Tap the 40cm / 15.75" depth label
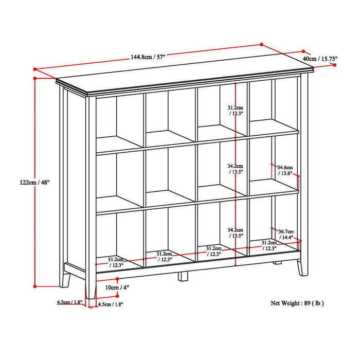click(x=335, y=59)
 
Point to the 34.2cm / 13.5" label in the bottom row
click(x=236, y=232)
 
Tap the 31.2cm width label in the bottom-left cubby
click(x=116, y=262)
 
